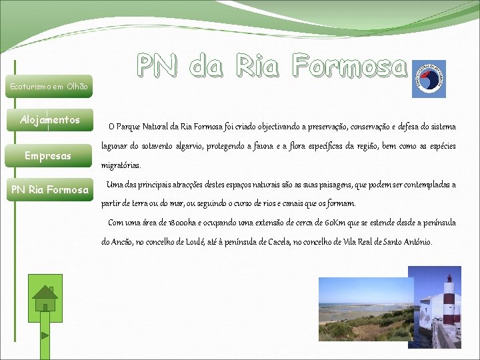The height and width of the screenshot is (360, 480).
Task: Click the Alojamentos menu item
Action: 50,120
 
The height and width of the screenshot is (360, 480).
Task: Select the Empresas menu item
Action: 47,156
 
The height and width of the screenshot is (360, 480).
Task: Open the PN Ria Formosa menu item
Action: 50,190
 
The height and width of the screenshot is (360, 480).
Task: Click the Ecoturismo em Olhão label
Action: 49,86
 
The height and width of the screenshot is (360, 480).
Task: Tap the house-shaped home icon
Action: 45,297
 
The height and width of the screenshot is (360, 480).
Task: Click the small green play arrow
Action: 45,335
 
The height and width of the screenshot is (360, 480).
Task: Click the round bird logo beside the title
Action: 429,78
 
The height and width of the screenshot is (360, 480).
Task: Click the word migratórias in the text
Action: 121,165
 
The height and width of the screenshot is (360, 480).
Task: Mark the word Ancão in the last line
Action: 121,241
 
